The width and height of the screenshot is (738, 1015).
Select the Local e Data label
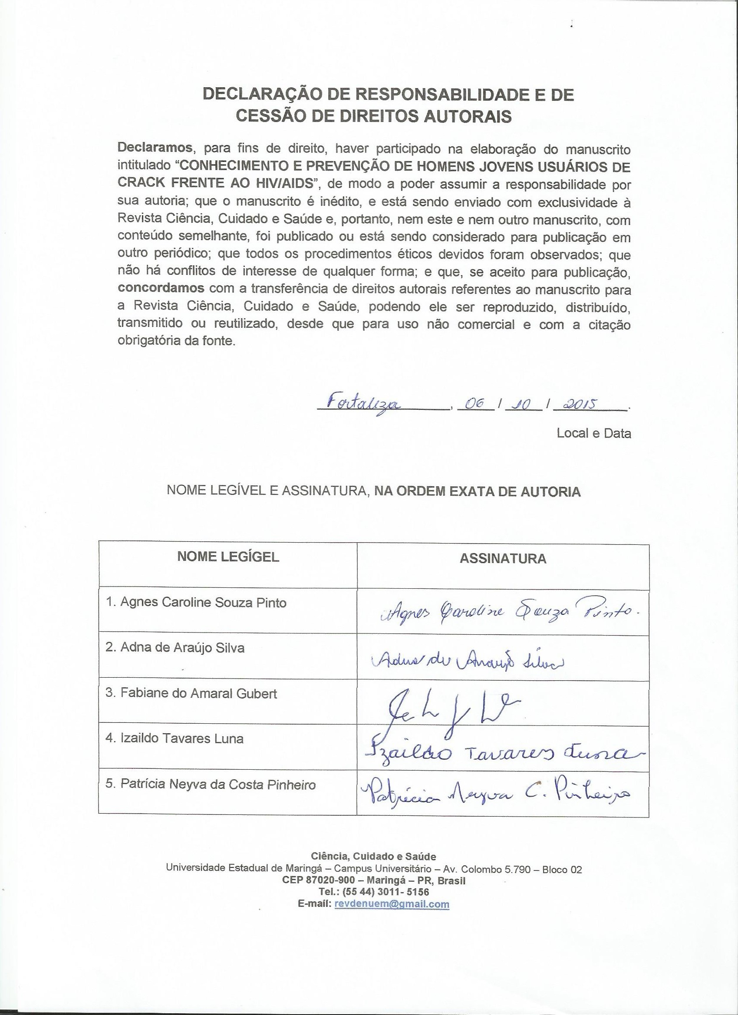593,433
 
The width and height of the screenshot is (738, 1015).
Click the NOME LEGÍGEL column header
228,557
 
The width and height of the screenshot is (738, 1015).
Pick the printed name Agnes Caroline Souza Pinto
197,603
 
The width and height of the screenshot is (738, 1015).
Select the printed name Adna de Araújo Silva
175,648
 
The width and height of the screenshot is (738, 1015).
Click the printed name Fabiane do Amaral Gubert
191,694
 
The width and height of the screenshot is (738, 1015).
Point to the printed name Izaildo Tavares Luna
175,738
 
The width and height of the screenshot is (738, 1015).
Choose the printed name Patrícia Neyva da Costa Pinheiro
211,784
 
